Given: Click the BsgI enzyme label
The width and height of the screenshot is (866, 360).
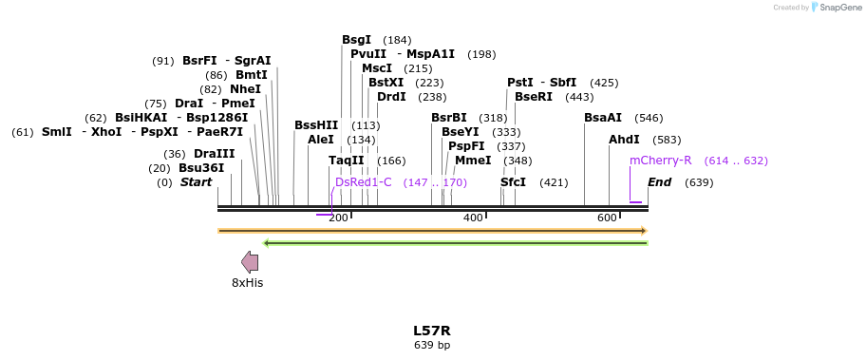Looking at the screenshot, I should coord(357,40).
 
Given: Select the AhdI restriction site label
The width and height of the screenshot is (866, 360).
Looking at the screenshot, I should coord(624,140).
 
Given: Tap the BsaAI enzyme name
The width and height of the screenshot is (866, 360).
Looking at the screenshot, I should coord(603,118).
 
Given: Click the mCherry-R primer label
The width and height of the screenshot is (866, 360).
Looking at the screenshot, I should coord(660,161).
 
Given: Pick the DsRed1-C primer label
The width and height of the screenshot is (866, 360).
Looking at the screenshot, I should coord(363,182).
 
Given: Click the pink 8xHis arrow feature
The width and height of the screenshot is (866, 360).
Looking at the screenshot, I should coord(250,262).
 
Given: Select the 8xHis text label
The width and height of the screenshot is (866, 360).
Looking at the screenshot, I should coord(248,283).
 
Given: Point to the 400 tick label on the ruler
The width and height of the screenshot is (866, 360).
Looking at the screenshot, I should coord(473,218).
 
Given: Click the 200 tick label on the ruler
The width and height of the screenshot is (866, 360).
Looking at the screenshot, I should coord(338,218).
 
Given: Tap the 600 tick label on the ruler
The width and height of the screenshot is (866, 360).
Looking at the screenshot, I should coord(607,218).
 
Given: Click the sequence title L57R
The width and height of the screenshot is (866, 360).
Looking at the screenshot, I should coord(431,331).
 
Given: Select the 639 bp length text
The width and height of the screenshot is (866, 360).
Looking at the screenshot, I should coord(431,345).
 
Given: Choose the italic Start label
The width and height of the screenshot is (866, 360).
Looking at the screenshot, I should coord(197,182).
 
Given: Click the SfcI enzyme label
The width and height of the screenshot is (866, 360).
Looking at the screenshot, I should coord(513,182).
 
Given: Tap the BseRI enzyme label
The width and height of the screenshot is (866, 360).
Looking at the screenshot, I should coord(534,97).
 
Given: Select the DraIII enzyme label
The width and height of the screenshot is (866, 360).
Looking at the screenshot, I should coord(214,154).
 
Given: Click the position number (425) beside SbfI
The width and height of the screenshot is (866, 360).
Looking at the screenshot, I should coord(604,83).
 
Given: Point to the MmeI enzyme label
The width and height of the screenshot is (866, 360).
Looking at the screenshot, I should coord(473,161).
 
